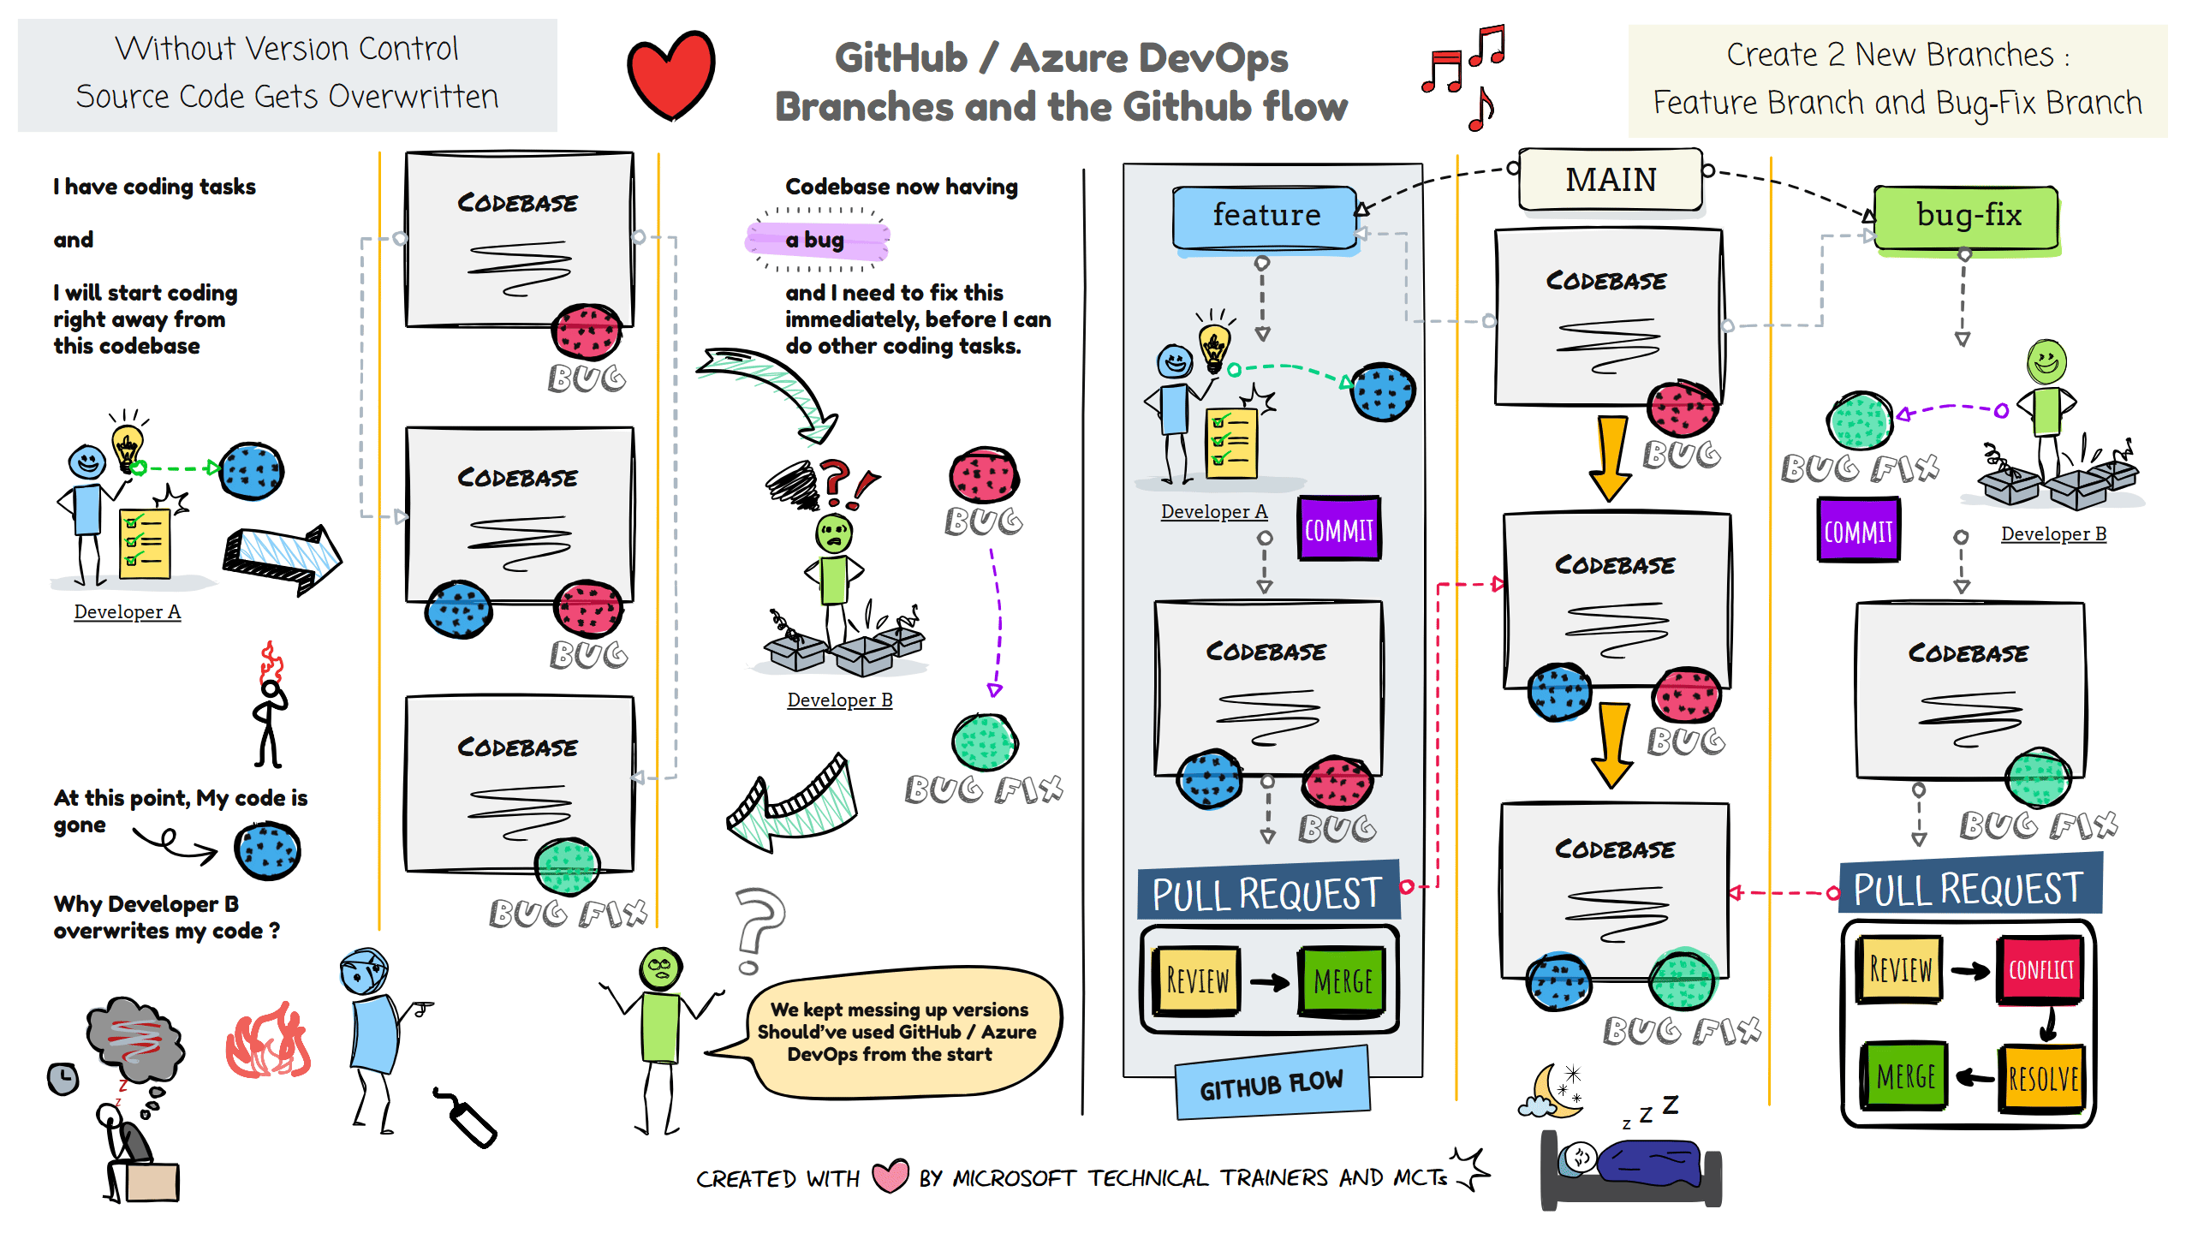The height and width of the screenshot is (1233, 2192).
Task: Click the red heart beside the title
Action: click(x=671, y=75)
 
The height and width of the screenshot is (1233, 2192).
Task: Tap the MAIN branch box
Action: click(x=1611, y=180)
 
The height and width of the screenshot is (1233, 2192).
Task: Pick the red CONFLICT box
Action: click(x=2040, y=970)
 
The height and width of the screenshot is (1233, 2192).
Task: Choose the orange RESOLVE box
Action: click(x=2042, y=1078)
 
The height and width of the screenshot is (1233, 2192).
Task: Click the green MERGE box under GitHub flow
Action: click(x=1343, y=981)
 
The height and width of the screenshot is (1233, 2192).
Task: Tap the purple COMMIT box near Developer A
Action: click(x=1339, y=529)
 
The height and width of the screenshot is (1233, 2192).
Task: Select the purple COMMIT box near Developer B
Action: click(x=1858, y=531)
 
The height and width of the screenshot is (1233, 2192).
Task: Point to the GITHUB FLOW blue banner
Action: click(x=1272, y=1084)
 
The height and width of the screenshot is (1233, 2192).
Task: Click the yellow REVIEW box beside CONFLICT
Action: click(x=1899, y=970)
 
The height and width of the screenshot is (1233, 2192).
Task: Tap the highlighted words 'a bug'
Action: click(x=816, y=240)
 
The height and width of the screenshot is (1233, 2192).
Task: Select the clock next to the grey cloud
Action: click(x=63, y=1078)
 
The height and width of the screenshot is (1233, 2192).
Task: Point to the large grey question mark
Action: click(x=758, y=930)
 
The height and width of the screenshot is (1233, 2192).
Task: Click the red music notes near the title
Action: click(x=1464, y=75)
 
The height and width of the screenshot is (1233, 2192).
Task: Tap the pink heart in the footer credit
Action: click(x=890, y=1176)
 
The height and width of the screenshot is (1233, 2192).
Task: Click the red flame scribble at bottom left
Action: click(x=268, y=1041)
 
